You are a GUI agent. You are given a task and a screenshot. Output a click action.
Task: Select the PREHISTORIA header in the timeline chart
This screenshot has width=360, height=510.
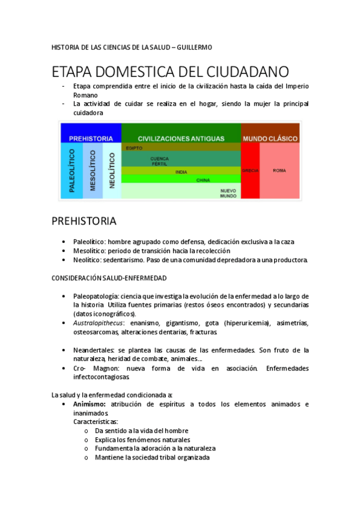point(91,138)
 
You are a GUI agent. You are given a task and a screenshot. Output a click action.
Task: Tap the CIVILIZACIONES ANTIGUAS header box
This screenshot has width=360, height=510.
point(181,138)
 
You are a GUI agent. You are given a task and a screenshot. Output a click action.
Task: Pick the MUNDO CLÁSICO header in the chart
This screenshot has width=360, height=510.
point(270,138)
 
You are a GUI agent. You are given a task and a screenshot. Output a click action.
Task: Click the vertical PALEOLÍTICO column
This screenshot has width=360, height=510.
point(72,171)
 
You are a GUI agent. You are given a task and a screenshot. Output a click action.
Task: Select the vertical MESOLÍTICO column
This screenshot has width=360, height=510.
point(93,171)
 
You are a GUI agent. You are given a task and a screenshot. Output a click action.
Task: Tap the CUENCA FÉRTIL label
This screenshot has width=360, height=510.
point(159,161)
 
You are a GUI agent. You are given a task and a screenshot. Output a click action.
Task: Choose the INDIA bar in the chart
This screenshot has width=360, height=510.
point(181,171)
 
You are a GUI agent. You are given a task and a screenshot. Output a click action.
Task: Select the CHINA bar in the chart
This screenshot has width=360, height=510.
point(203,180)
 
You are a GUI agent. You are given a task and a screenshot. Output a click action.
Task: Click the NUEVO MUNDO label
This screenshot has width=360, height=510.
point(228,193)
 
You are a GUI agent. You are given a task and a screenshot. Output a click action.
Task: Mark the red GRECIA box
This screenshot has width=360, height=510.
point(250,171)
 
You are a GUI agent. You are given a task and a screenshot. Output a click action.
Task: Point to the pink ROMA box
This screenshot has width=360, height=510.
point(279,171)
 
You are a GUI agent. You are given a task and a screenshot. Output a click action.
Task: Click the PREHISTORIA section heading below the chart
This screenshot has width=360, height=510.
point(84,221)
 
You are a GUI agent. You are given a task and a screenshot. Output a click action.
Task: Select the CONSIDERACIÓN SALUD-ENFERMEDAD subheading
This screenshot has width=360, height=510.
point(109,278)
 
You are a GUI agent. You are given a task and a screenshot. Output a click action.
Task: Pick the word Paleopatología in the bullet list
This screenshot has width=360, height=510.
point(96,296)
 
